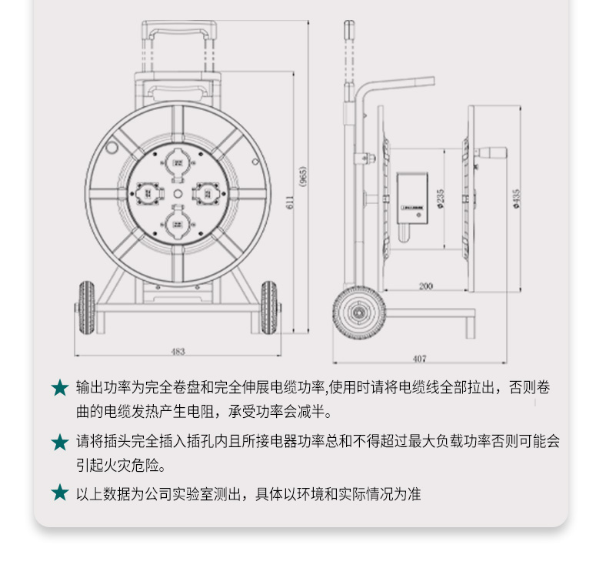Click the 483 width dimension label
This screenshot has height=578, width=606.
coord(178,351)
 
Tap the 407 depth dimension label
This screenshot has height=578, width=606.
coord(419,359)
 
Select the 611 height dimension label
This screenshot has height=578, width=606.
coord(290,202)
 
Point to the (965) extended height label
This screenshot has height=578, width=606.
coord(304,177)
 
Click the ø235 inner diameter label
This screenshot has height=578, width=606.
coord(440,199)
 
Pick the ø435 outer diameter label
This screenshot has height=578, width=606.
coord(517,199)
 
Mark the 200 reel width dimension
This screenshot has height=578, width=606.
coord(425,286)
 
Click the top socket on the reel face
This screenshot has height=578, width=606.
coord(178,164)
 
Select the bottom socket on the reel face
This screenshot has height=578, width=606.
coord(178,223)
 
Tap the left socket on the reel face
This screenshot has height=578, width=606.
coord(148,193)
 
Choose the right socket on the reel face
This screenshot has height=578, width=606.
coord(208,193)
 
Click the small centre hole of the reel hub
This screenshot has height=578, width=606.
coord(178,193)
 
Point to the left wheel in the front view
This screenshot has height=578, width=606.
coord(87,308)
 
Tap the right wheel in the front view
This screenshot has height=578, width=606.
coord(268,308)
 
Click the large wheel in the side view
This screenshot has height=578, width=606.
coord(359,313)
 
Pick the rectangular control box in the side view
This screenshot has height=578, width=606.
coord(412,198)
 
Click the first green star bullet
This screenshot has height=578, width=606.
coord(60,388)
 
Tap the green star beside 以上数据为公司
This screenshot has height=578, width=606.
coord(60,493)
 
